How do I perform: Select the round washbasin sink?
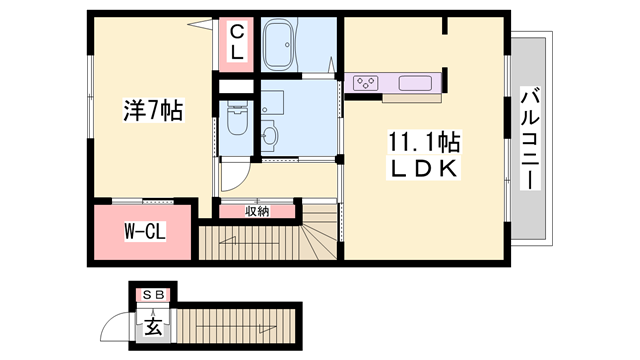[x=268, y=134]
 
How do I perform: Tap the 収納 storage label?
[x=257, y=211]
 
